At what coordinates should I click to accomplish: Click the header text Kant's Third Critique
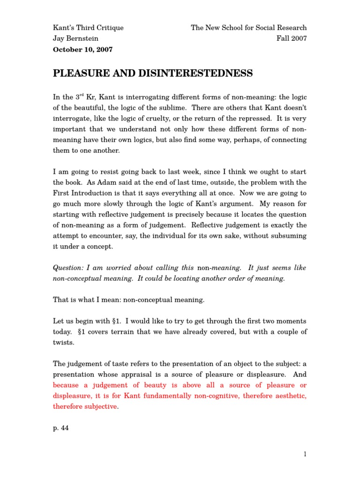[x=88, y=28]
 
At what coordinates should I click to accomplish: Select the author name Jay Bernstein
[x=75, y=38]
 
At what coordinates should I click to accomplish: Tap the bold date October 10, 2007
[x=82, y=49]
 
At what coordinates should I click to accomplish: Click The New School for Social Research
[x=248, y=28]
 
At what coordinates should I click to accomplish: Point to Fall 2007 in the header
[x=292, y=38]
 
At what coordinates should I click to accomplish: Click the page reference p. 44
[x=60, y=428]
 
